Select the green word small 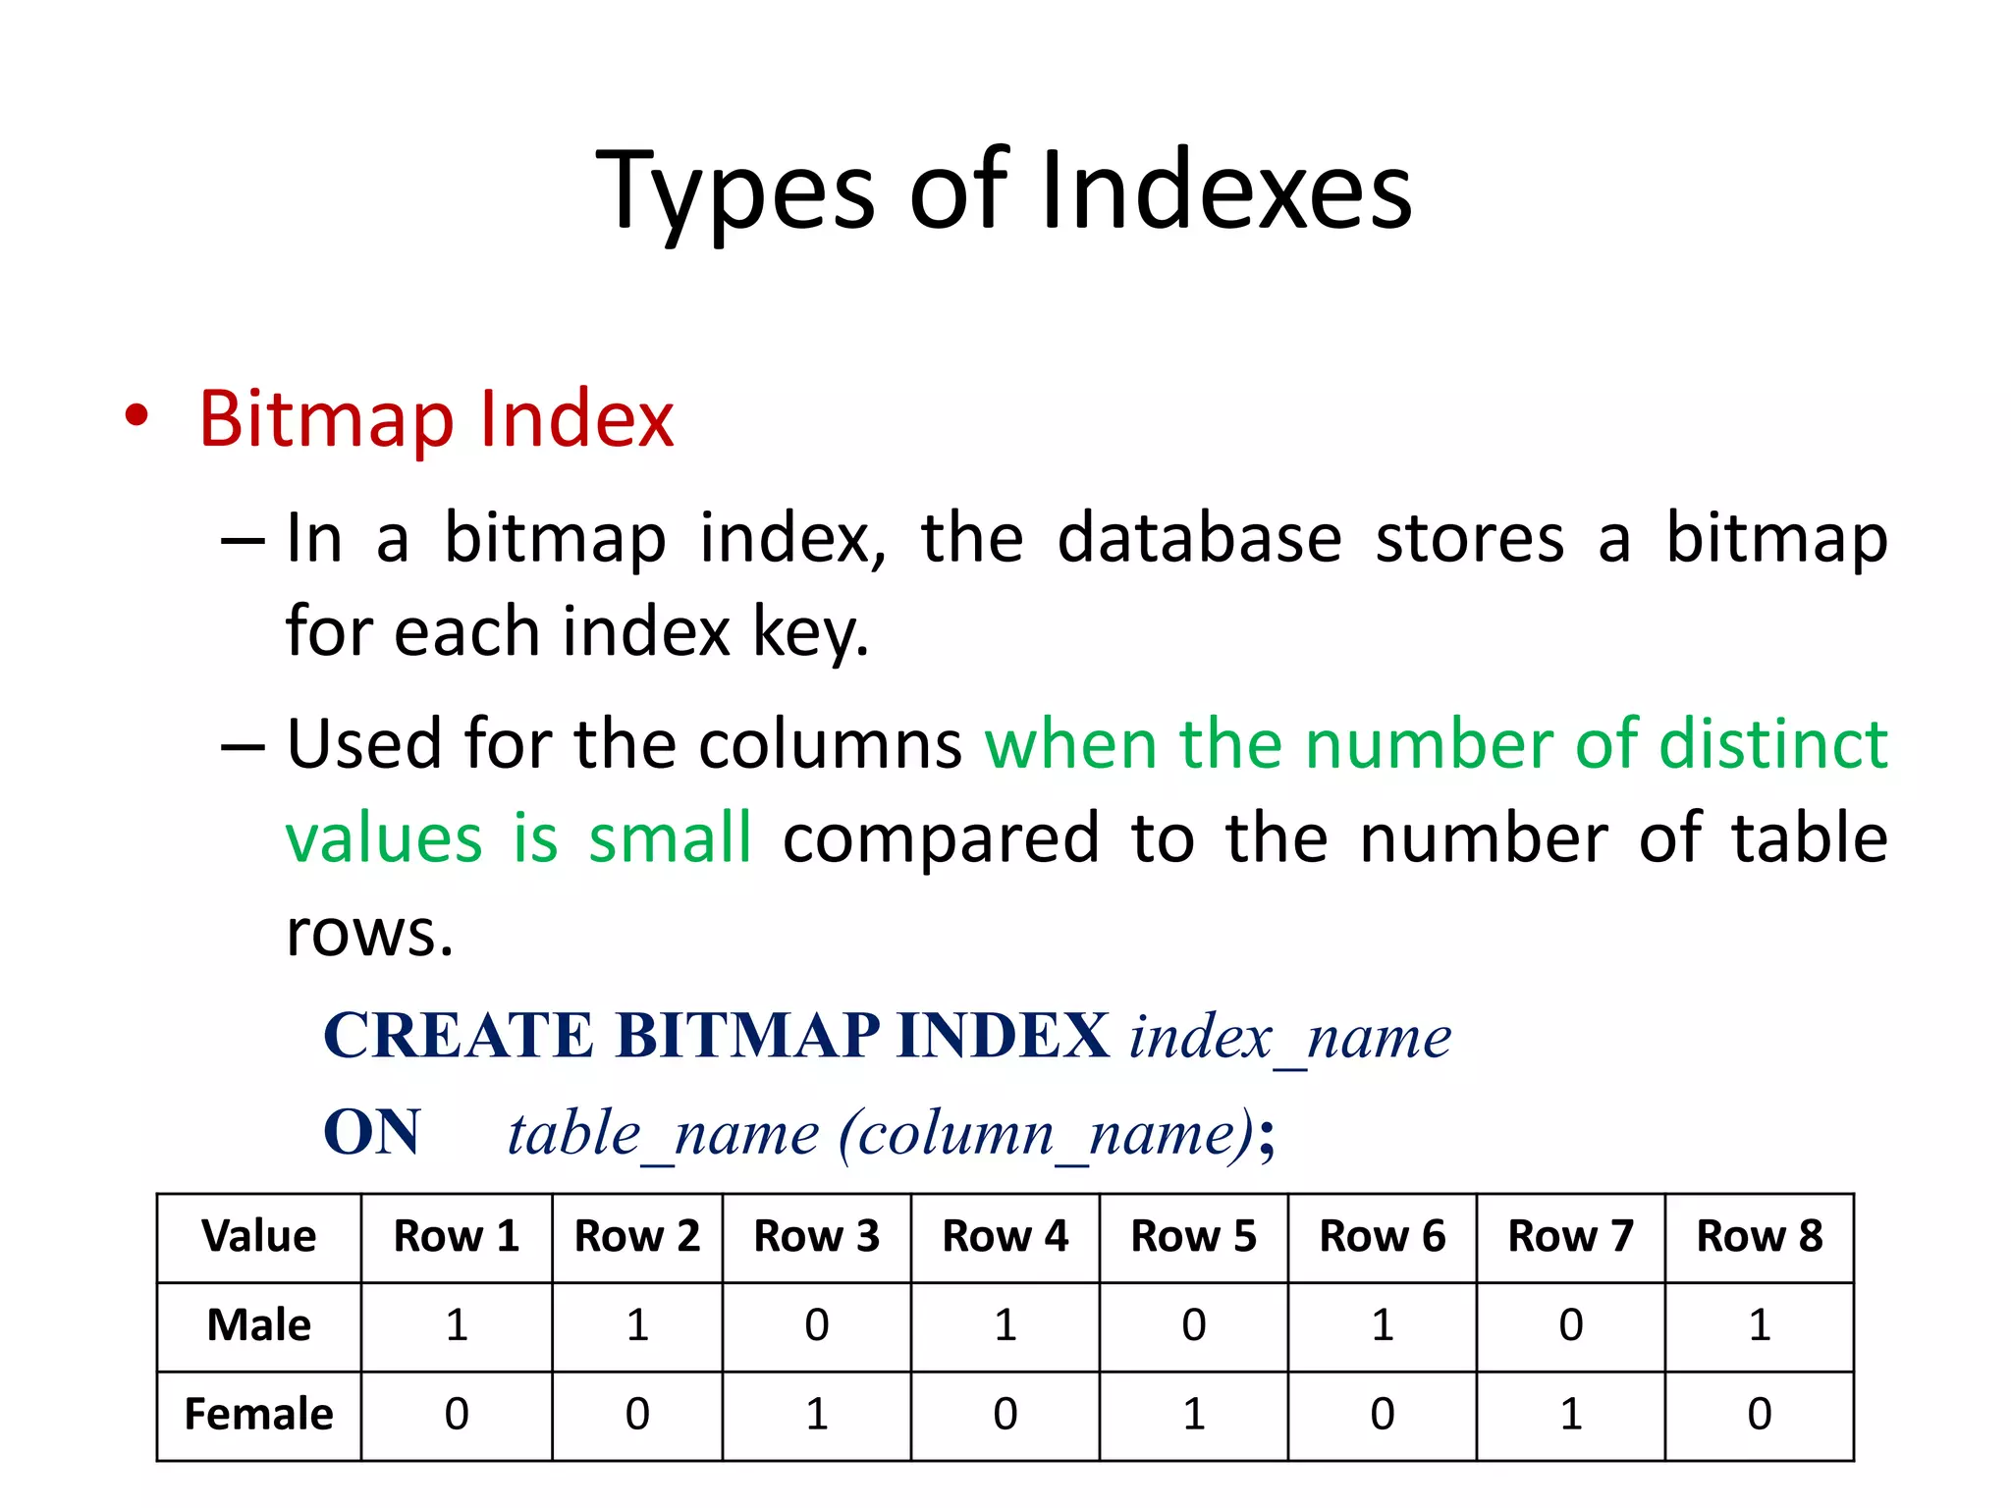[670, 838]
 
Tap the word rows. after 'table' [370, 932]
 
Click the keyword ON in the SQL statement [372, 1132]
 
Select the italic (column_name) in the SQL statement [1046, 1134]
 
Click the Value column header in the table [259, 1236]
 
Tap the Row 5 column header [1193, 1236]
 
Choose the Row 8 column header [1759, 1236]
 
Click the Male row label [259, 1325]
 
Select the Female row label [259, 1415]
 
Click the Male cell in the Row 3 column [816, 1325]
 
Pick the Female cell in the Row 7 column [1570, 1415]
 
